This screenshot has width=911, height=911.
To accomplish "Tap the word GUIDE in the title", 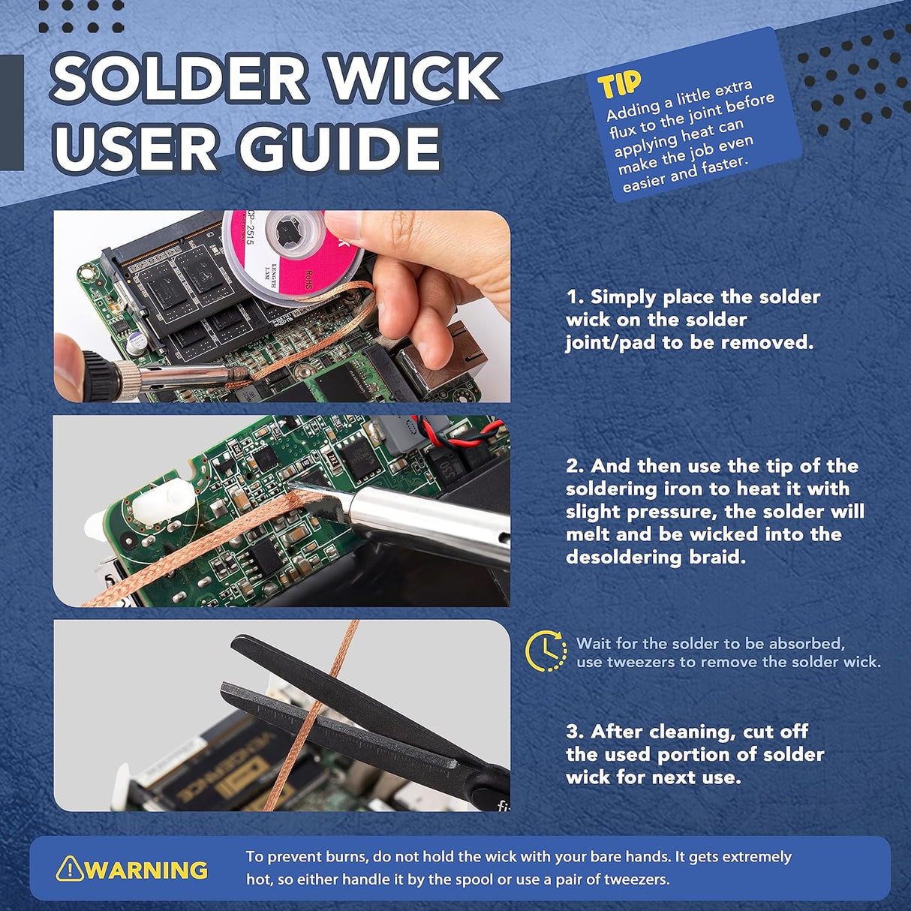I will (340, 148).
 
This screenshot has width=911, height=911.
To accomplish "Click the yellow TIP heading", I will (619, 85).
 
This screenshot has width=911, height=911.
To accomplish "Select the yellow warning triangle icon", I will (69, 868).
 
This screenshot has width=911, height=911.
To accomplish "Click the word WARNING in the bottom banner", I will (146, 870).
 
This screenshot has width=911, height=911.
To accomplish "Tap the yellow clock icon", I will (546, 651).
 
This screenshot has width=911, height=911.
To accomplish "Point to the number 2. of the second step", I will (575, 466).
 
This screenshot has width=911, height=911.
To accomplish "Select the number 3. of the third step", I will (575, 732).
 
